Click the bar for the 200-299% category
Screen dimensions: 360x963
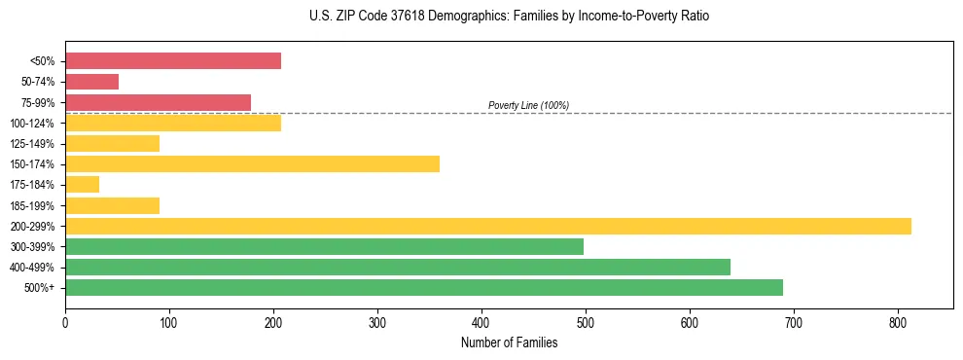pos(488,226)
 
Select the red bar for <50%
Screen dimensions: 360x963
pos(173,61)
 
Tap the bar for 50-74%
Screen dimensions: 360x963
pos(92,82)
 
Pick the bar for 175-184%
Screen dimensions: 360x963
pos(83,184)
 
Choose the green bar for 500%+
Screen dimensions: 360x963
pos(424,287)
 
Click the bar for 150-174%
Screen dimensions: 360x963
pos(253,163)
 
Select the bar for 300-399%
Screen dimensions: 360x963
pos(324,246)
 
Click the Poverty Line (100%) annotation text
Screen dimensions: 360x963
pos(528,105)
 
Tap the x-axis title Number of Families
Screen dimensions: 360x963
pos(509,342)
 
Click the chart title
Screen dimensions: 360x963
pos(509,17)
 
